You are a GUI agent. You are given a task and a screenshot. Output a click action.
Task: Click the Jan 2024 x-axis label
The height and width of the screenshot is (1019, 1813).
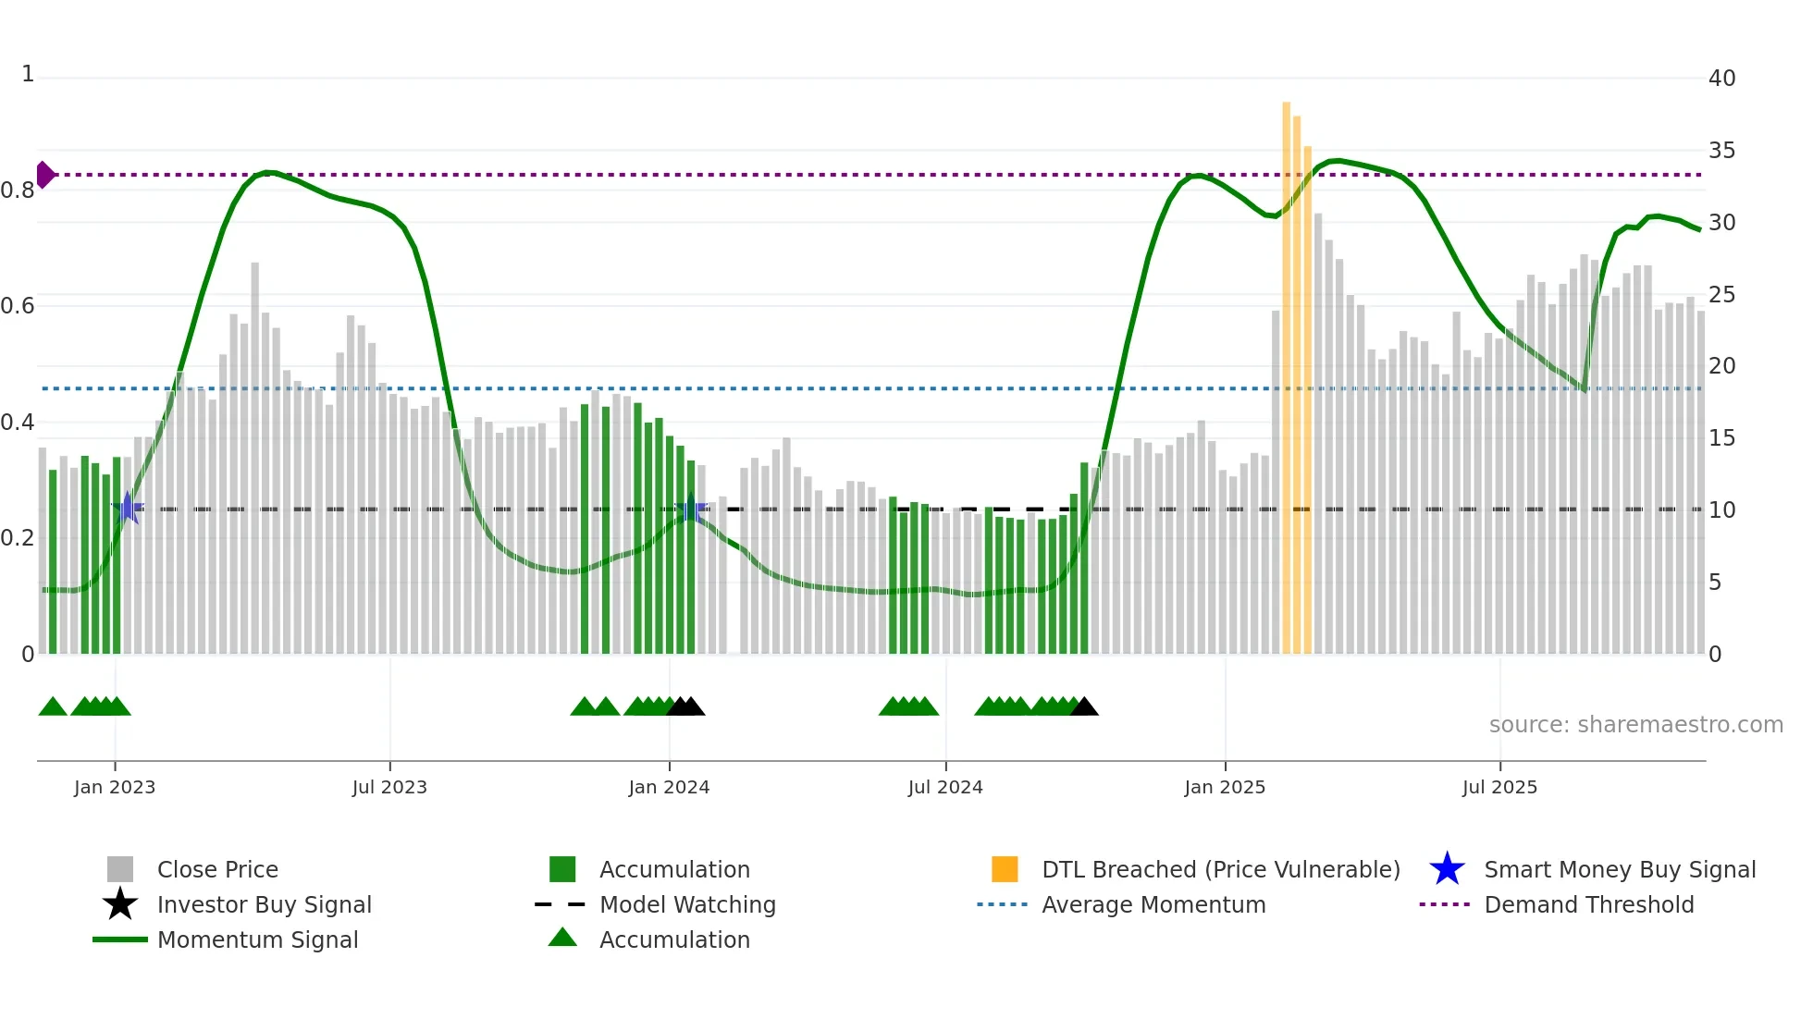pos(669,787)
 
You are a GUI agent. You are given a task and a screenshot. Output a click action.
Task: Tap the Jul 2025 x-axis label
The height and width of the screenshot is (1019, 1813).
pos(1499,787)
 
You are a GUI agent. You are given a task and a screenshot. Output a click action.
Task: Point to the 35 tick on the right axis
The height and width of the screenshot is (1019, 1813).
pos(1721,151)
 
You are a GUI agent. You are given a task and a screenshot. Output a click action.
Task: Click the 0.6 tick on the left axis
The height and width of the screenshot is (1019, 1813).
pos(18,306)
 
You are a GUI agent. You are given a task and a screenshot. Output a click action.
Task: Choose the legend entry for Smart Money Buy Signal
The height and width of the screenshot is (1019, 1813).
pos(1619,869)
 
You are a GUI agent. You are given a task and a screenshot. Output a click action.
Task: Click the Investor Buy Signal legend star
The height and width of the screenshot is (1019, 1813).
pos(120,904)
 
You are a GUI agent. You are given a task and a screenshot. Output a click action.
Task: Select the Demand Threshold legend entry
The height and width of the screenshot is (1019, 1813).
pos(1588,904)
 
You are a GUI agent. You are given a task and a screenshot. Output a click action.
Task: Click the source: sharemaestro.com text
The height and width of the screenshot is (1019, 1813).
pos(1635,724)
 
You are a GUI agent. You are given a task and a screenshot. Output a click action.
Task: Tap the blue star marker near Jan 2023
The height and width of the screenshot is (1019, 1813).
pos(128,508)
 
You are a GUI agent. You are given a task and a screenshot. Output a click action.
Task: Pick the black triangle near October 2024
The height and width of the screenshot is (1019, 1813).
pos(1084,707)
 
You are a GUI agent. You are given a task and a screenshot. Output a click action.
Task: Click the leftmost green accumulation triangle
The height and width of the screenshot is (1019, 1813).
pos(53,707)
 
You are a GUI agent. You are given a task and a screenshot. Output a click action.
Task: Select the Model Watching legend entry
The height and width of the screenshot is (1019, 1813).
pos(686,904)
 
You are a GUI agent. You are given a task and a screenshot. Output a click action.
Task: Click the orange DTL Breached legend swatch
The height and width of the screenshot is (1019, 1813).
pos(1005,869)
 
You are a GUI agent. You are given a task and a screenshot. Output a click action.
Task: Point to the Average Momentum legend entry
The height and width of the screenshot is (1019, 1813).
pos(1153,904)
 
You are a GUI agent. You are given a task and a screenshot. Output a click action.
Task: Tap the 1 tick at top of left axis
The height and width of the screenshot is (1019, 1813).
pos(28,74)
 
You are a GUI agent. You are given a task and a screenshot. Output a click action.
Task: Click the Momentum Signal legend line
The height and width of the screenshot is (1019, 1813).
pos(120,939)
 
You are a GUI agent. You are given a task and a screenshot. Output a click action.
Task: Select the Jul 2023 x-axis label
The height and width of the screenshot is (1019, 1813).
pos(389,787)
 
